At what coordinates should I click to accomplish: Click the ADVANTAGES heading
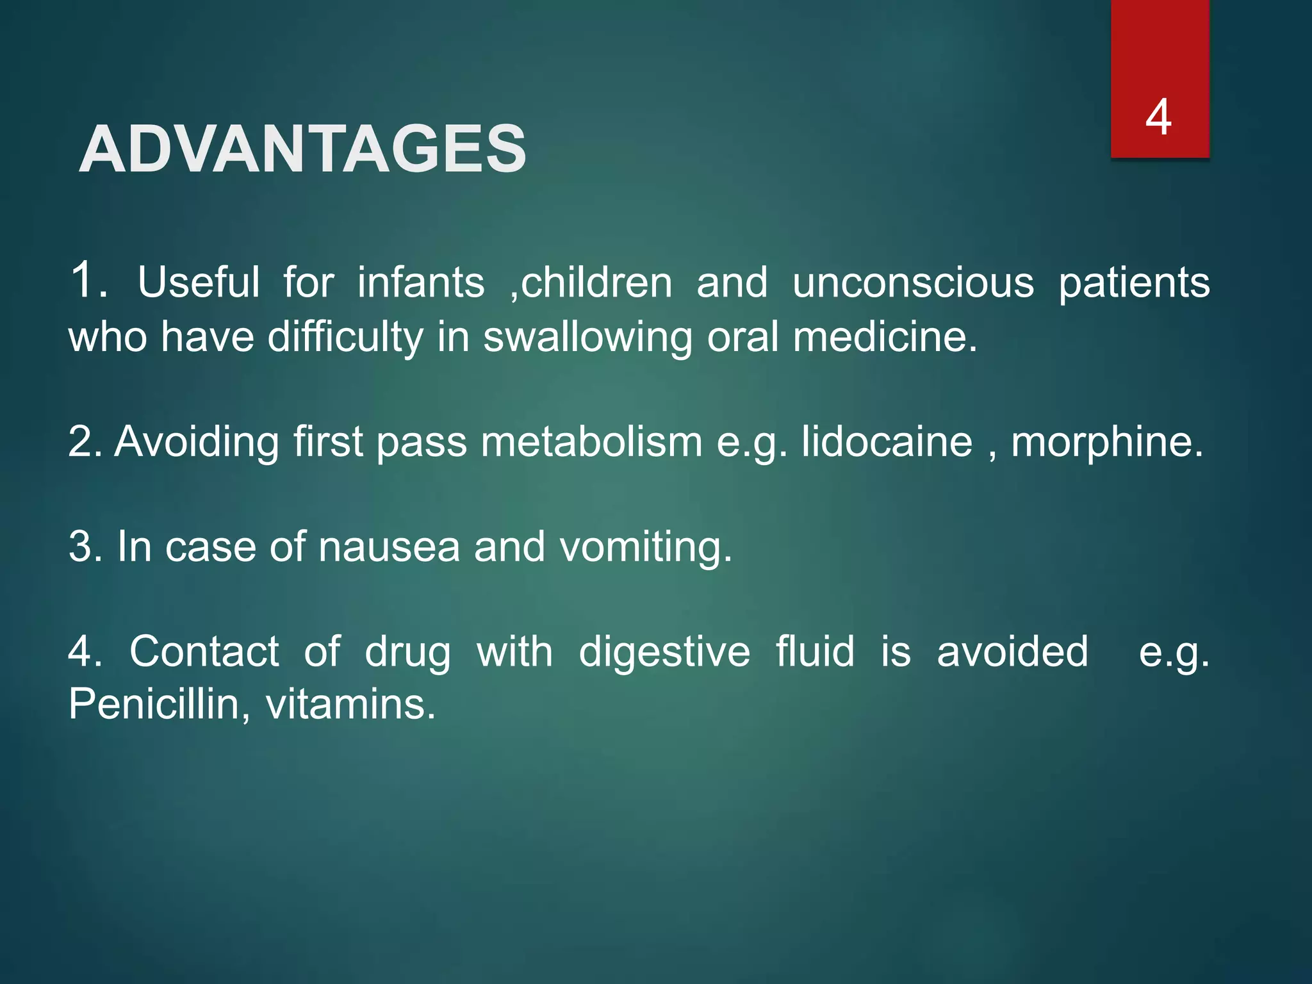coord(302,149)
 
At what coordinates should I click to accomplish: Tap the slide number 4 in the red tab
coord(1159,117)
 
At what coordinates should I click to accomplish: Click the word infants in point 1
coord(421,282)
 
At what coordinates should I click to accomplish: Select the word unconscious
coord(913,282)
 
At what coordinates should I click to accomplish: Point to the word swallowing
coord(587,337)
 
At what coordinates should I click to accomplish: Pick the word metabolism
coord(591,441)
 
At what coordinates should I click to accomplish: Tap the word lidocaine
coord(887,441)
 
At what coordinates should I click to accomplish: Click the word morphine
coord(1107,442)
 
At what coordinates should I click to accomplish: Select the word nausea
coord(389,547)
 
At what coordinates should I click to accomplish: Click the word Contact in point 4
coord(204,651)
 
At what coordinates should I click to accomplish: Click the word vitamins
coord(350,704)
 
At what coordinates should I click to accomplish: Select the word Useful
coord(199,282)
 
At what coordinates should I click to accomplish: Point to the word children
coord(596,282)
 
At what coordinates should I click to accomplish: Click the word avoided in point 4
coord(1012,651)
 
